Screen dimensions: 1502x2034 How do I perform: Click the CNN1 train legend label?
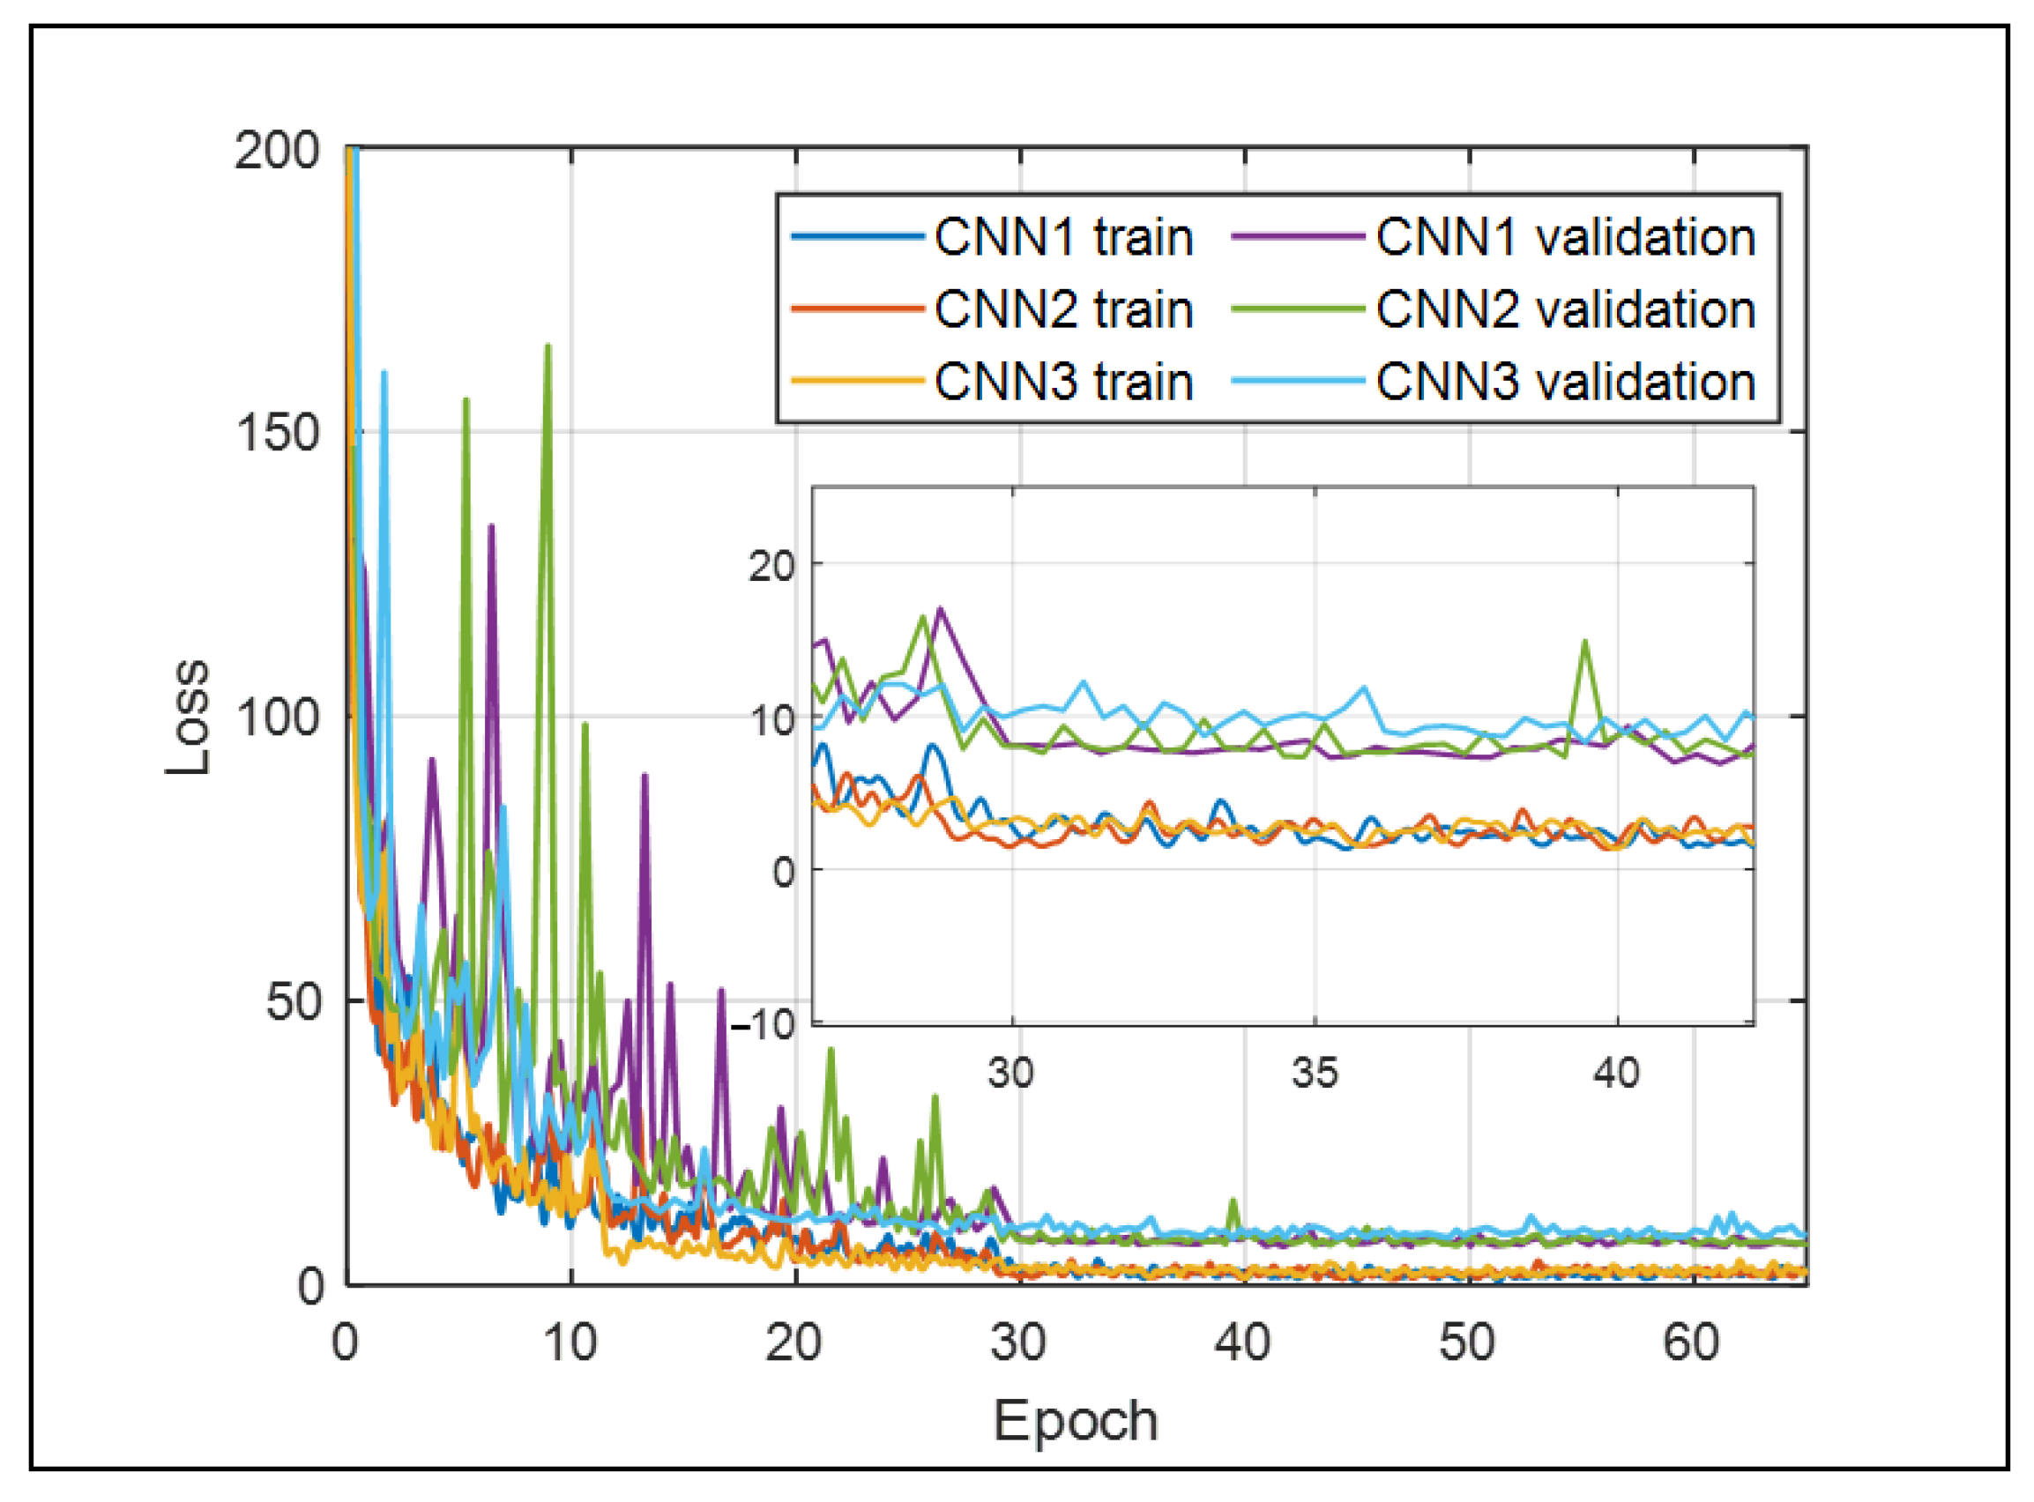pos(1063,238)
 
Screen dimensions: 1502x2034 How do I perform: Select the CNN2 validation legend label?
pos(1565,310)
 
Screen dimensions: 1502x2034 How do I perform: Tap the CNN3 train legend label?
pos(1063,382)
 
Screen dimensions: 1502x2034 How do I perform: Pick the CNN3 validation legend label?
pos(1565,382)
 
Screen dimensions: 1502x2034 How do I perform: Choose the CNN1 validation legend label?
pos(1565,238)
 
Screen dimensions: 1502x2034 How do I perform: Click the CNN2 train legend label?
pos(1063,310)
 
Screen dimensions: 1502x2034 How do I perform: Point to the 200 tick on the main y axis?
pos(277,150)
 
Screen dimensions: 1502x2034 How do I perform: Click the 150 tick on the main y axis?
pos(277,434)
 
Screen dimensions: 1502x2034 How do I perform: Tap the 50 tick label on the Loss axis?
pos(293,1003)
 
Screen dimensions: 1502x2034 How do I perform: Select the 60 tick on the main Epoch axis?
pos(1691,1342)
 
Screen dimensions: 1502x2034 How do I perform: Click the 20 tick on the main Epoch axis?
pos(793,1342)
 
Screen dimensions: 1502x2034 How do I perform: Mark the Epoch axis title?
pos(1076,1421)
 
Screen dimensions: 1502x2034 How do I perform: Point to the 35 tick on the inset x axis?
pos(1315,1074)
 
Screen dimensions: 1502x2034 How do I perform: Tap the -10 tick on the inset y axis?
pos(763,1026)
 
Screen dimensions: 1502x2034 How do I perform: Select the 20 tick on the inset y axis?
pos(771,567)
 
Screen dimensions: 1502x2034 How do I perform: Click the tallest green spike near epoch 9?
pos(548,346)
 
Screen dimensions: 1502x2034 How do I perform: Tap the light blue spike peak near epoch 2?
pos(384,373)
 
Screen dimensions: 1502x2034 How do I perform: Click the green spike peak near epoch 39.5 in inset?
pos(1585,642)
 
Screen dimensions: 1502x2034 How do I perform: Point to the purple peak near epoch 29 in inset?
pos(940,608)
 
